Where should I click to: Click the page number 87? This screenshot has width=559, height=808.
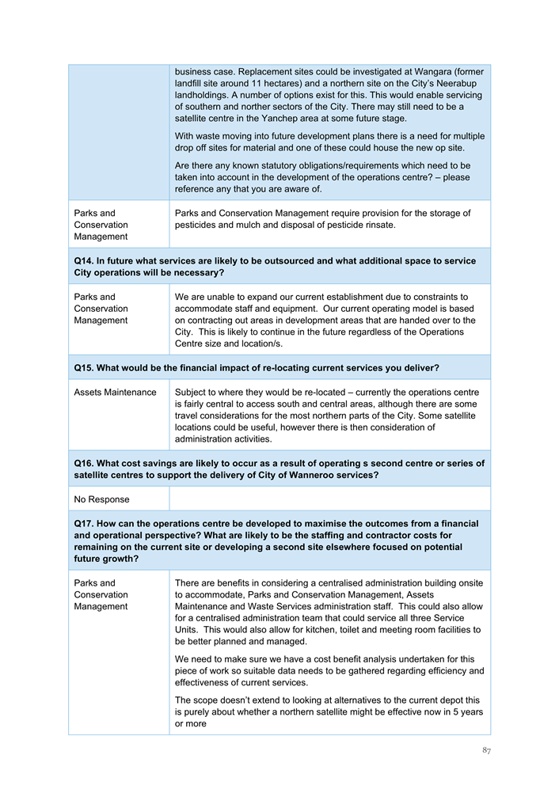coord(485,750)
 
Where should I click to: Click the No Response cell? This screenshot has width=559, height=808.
coord(101,499)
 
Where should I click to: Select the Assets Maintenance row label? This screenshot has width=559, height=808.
coord(115,393)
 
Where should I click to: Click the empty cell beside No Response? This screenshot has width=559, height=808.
coord(329,499)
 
